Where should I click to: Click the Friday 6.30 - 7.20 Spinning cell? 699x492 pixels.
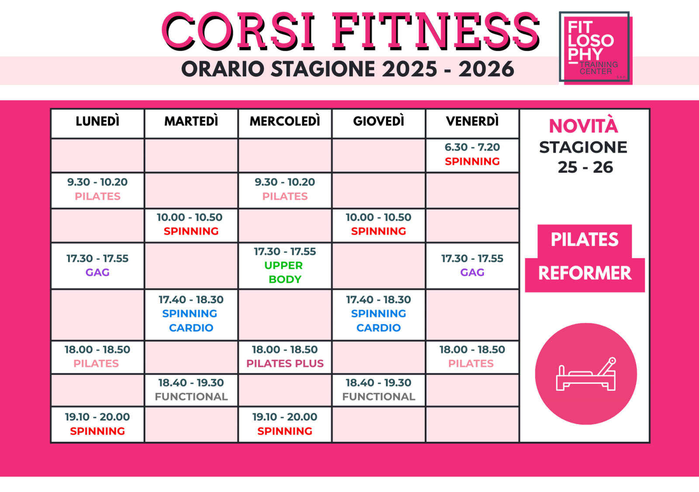472,155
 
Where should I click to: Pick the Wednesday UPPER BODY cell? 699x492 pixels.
285,265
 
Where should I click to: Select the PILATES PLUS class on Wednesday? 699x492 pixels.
285,357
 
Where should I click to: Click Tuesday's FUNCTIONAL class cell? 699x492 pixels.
191,390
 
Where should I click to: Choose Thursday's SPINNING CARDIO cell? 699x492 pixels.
378,314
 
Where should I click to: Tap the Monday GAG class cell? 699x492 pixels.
97,265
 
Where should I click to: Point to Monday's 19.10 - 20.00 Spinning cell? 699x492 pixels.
97,424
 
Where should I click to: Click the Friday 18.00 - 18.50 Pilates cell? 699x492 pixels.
472,357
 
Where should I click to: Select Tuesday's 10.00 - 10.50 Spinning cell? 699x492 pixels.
191,225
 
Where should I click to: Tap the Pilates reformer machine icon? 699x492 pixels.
586,374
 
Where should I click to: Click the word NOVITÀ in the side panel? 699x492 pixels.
583,126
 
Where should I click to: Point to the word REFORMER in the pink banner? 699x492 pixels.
585,273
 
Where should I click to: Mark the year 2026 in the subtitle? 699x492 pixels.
486,69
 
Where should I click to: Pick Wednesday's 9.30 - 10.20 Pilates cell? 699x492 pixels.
285,190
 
